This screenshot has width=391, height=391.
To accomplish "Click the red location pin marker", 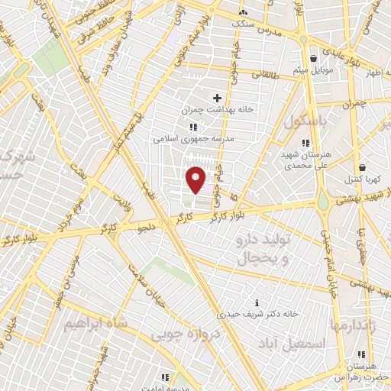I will point(195,179).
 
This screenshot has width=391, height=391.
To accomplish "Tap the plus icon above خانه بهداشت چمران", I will point(217,98).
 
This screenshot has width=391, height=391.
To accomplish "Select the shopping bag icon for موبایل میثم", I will point(313,58).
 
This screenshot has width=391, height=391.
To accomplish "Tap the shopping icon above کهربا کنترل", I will point(362,167).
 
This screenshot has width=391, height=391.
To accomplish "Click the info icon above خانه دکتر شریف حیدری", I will point(257,302).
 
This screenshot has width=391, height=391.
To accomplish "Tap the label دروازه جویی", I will point(183,333).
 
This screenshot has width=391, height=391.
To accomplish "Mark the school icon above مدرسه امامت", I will point(165,376).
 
